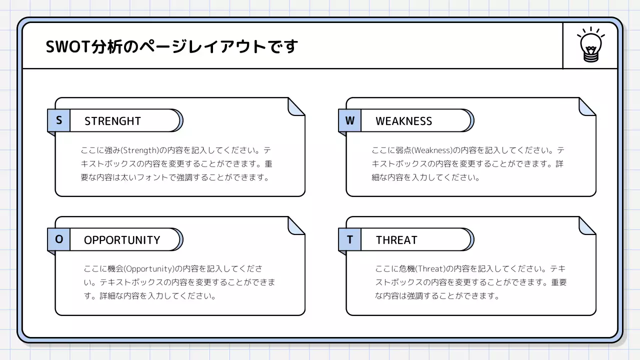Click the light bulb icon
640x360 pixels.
click(590, 44)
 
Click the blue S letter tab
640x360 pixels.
click(59, 120)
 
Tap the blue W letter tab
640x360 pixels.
click(349, 120)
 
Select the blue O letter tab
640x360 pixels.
click(59, 239)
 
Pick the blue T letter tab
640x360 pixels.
click(349, 239)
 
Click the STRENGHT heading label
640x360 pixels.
click(112, 121)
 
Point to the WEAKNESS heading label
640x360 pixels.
click(403, 121)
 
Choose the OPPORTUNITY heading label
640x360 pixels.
click(122, 240)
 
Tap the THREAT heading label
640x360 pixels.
click(396, 240)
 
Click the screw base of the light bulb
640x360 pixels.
click(590, 56)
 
